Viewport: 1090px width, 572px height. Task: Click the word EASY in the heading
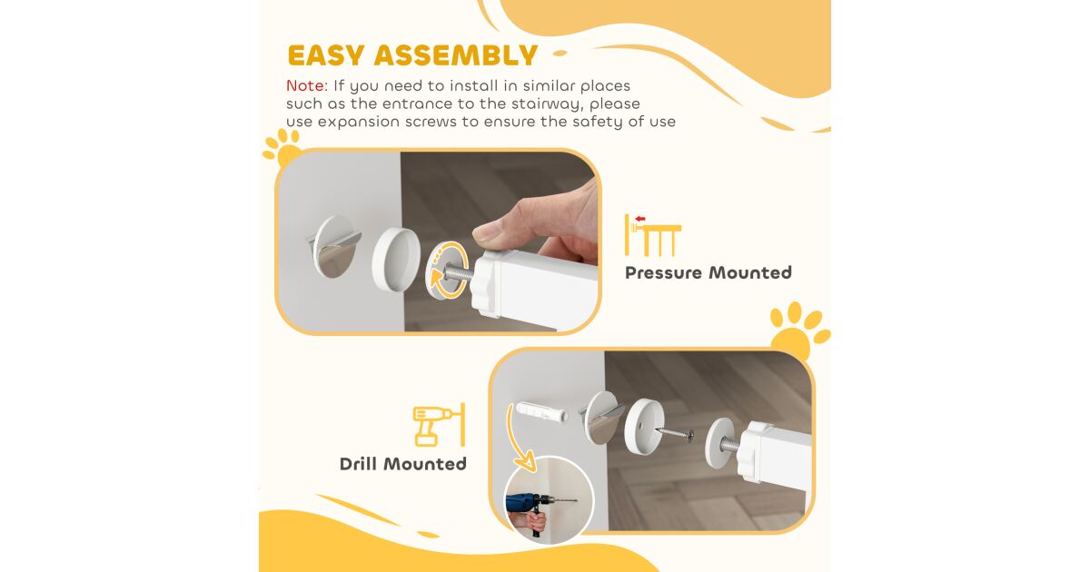pyautogui.click(x=326, y=55)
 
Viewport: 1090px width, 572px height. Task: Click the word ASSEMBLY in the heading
pyautogui.click(x=455, y=55)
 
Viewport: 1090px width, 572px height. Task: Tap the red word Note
pyautogui.click(x=307, y=85)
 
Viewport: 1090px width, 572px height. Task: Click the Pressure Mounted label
pyautogui.click(x=708, y=272)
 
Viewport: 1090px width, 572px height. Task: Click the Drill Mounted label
pyautogui.click(x=403, y=464)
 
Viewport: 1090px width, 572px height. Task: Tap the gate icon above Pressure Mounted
pyautogui.click(x=653, y=235)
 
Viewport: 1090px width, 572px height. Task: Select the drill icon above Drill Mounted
pyautogui.click(x=439, y=425)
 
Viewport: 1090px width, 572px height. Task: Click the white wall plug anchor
pyautogui.click(x=541, y=411)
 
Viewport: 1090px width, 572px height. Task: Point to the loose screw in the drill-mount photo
pyautogui.click(x=674, y=432)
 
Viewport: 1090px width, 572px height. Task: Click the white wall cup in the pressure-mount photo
pyautogui.click(x=396, y=259)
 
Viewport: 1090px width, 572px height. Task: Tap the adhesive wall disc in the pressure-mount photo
pyautogui.click(x=334, y=247)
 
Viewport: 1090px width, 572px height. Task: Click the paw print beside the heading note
pyautogui.click(x=283, y=147)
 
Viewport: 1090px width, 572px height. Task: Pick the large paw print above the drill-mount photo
pyautogui.click(x=798, y=329)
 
